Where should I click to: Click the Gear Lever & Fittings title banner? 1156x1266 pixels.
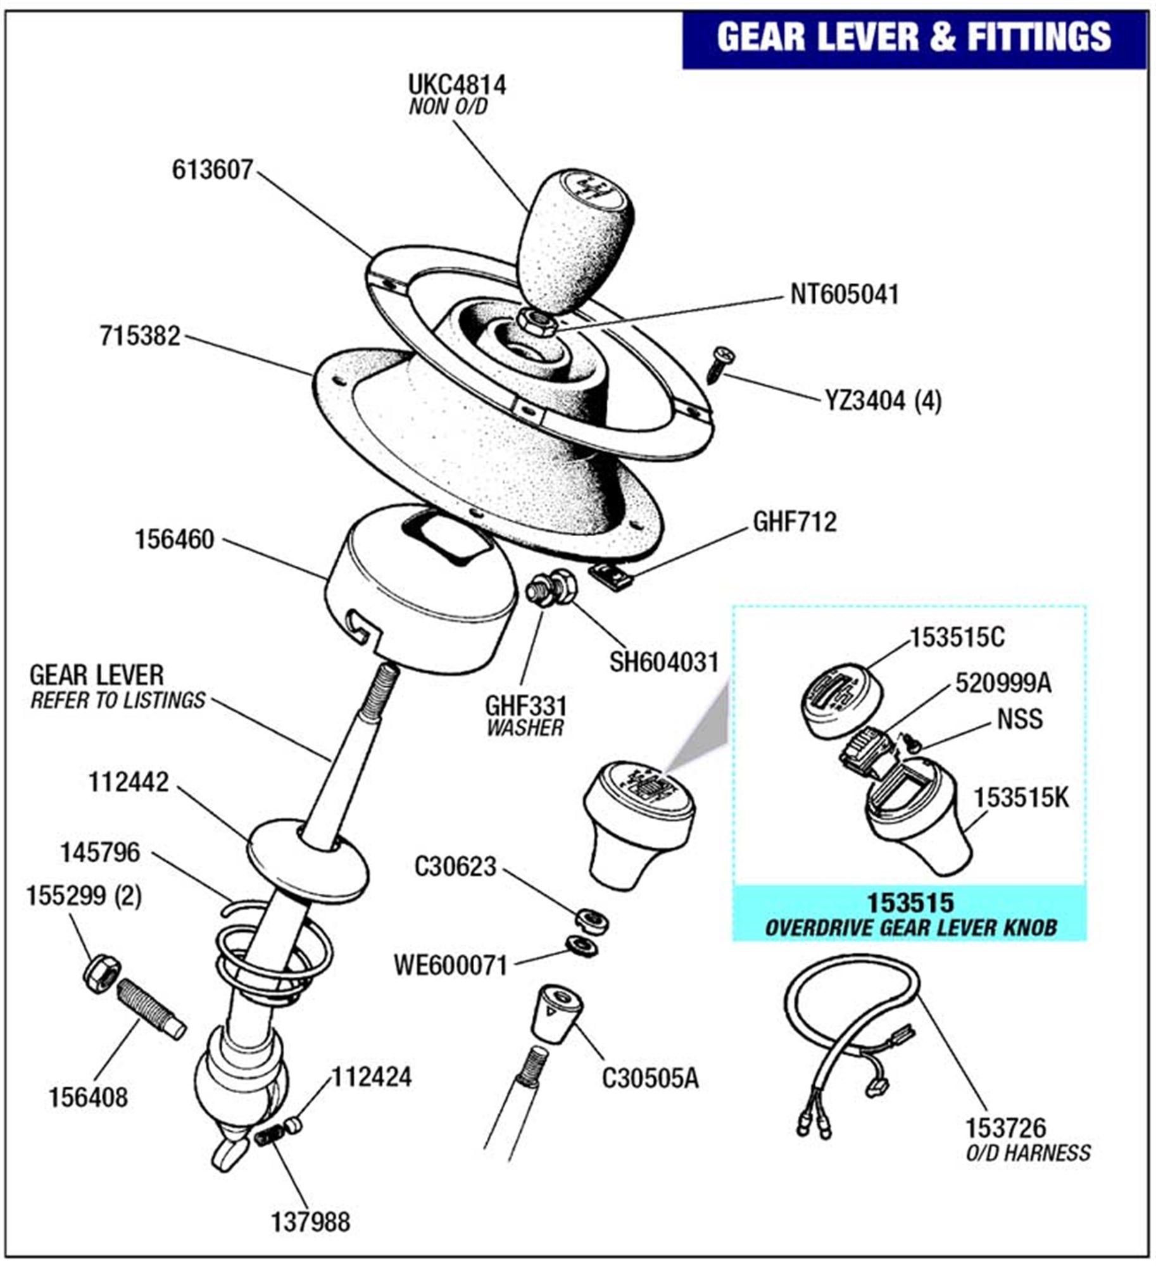click(914, 37)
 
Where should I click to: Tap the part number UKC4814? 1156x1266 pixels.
click(456, 85)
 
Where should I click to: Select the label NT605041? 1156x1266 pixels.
click(845, 294)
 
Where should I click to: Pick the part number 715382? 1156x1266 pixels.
click(140, 336)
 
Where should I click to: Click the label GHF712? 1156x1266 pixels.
click(795, 522)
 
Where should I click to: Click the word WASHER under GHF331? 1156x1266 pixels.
click(525, 728)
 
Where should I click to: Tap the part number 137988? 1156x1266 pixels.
click(310, 1222)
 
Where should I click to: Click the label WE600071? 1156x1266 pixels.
click(450, 966)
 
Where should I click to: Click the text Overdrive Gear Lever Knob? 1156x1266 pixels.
click(911, 928)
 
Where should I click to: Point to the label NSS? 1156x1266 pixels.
click(1019, 720)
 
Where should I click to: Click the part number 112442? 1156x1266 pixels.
click(129, 783)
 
